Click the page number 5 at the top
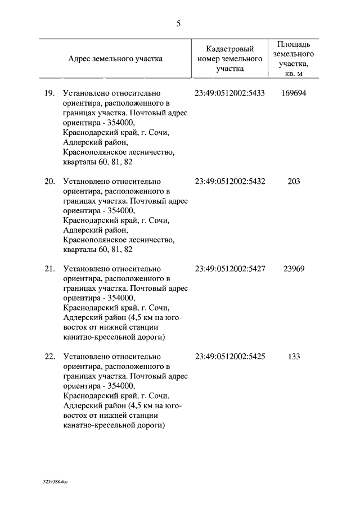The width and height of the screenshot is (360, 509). click(179, 23)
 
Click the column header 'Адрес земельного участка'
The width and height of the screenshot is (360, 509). click(115, 58)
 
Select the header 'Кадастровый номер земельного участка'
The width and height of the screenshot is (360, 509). click(230, 58)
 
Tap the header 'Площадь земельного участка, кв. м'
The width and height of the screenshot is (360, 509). click(293, 58)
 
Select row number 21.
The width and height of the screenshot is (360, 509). click(49, 269)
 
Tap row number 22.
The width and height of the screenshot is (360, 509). click(49, 357)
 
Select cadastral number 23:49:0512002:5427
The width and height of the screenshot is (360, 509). click(230, 269)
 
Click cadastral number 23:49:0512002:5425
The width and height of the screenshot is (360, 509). click(230, 357)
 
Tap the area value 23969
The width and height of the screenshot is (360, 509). click(293, 269)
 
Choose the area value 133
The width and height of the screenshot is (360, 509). click(293, 357)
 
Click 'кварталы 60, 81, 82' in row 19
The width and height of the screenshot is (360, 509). click(98, 162)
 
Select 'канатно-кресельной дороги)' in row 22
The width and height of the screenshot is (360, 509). click(114, 425)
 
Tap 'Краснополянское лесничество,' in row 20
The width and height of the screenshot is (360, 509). click(118, 240)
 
